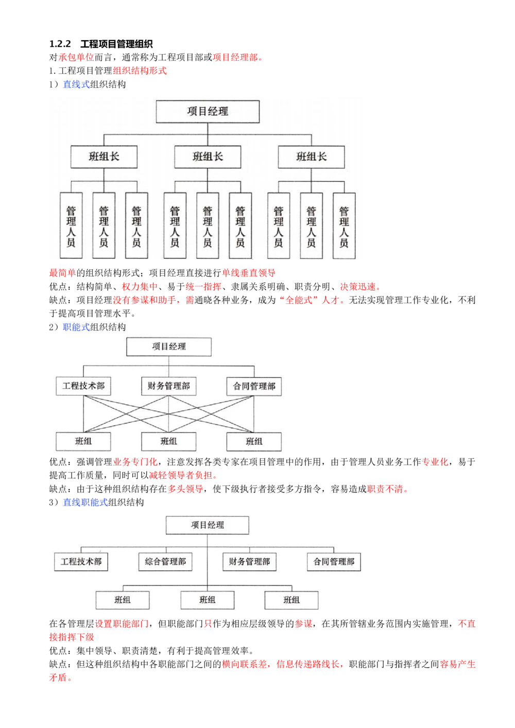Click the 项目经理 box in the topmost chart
208,112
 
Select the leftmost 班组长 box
104,157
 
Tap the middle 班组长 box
208,157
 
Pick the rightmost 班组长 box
311,157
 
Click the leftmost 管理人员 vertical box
71,226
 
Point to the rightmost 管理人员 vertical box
344,226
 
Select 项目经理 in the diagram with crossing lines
169,347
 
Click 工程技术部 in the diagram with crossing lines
83,386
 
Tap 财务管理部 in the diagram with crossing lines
169,386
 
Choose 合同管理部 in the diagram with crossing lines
254,386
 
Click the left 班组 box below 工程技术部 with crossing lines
83,441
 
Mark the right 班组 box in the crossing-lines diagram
254,441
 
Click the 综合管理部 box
165,562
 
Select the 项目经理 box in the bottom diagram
208,525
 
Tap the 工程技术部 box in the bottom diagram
81,562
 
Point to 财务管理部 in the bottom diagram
249,562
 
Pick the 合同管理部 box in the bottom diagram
334,562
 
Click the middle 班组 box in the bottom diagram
207,600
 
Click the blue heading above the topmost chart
76,84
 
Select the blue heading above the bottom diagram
85,501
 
